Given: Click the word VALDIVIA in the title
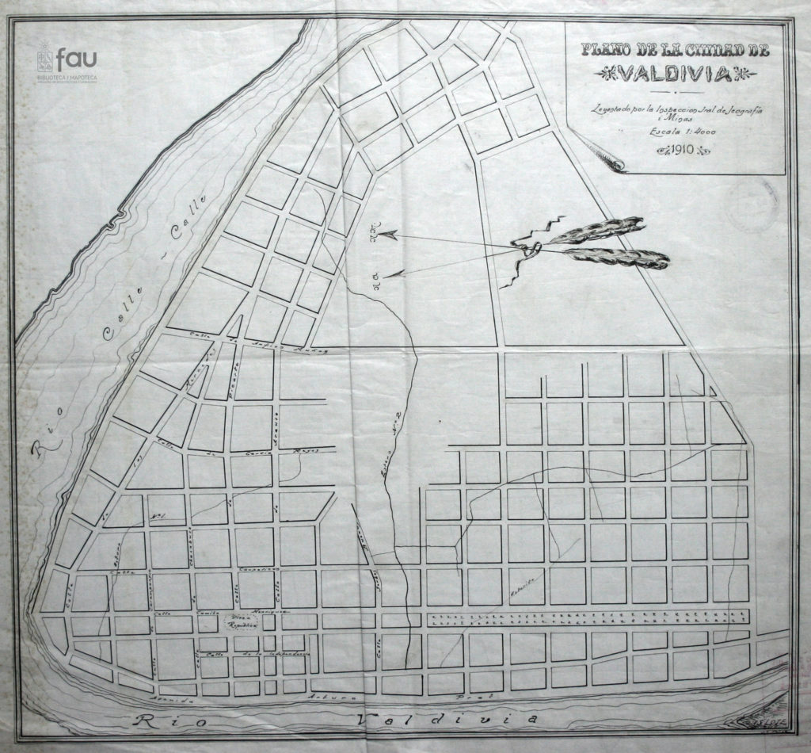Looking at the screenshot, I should coord(676,75).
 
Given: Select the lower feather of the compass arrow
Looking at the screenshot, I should coord(618,258).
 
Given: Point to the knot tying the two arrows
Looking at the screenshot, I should coord(531,250).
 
